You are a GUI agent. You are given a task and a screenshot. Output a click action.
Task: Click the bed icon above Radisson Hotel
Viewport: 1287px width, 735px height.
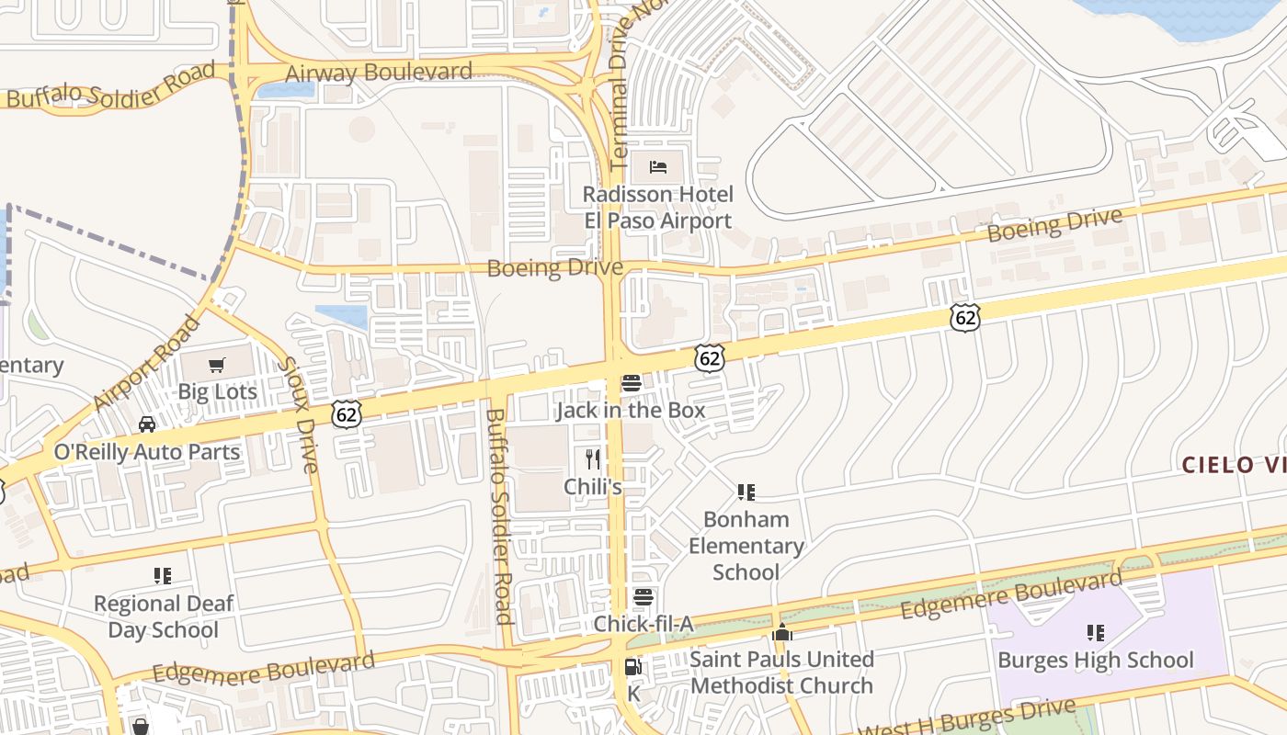coord(658,166)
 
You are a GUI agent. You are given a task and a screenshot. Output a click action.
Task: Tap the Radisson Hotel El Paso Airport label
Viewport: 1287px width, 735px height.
coord(658,208)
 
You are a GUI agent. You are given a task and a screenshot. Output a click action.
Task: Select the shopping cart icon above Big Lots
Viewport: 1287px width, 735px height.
coord(217,366)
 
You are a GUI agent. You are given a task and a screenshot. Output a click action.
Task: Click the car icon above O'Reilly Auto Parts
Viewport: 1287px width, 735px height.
coord(147,424)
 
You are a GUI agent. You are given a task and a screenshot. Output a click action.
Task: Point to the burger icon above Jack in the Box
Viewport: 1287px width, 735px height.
coord(631,383)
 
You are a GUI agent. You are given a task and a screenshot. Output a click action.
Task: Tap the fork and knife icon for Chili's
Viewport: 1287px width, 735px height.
coord(593,458)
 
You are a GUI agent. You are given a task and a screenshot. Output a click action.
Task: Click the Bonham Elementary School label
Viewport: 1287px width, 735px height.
coord(746,546)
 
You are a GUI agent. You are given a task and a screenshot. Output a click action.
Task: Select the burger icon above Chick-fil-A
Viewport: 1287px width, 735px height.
coord(643,597)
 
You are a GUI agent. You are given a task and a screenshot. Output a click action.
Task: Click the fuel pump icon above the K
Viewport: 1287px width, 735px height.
coord(632,667)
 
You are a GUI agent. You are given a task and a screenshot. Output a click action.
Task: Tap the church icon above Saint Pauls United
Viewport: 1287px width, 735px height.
coord(782,632)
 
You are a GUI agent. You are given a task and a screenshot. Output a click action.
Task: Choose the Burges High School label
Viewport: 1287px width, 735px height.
coord(1095,660)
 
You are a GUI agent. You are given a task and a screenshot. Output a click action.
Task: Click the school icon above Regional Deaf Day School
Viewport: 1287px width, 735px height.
coord(163,576)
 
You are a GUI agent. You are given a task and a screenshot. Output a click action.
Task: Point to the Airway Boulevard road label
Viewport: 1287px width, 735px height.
coord(379,73)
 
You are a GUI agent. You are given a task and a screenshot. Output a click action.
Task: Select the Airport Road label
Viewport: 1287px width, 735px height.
coord(147,364)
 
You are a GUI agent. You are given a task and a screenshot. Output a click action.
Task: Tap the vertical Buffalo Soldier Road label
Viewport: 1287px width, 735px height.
coord(497,516)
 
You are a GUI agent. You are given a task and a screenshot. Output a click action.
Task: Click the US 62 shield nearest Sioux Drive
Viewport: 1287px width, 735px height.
coord(347,413)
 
